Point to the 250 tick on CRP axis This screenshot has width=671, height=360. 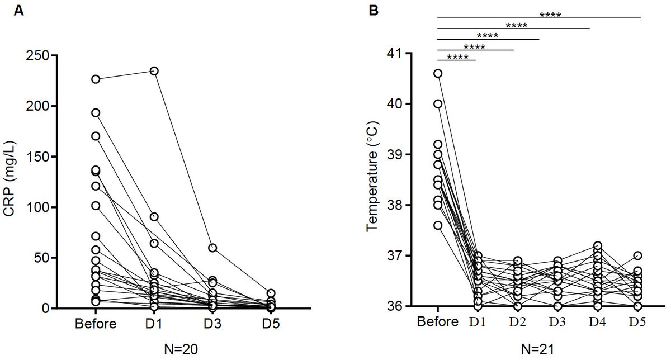(40, 55)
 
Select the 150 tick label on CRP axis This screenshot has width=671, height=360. (40, 157)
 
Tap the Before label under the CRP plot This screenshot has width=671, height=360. (96, 324)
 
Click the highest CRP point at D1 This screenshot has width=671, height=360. (154, 71)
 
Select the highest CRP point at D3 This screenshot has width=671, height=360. (212, 248)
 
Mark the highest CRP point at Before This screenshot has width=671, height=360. (96, 79)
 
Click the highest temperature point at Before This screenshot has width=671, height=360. (438, 73)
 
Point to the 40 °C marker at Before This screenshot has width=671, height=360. (438, 104)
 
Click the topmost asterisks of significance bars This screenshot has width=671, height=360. (550, 15)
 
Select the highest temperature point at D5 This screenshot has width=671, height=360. (637, 255)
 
